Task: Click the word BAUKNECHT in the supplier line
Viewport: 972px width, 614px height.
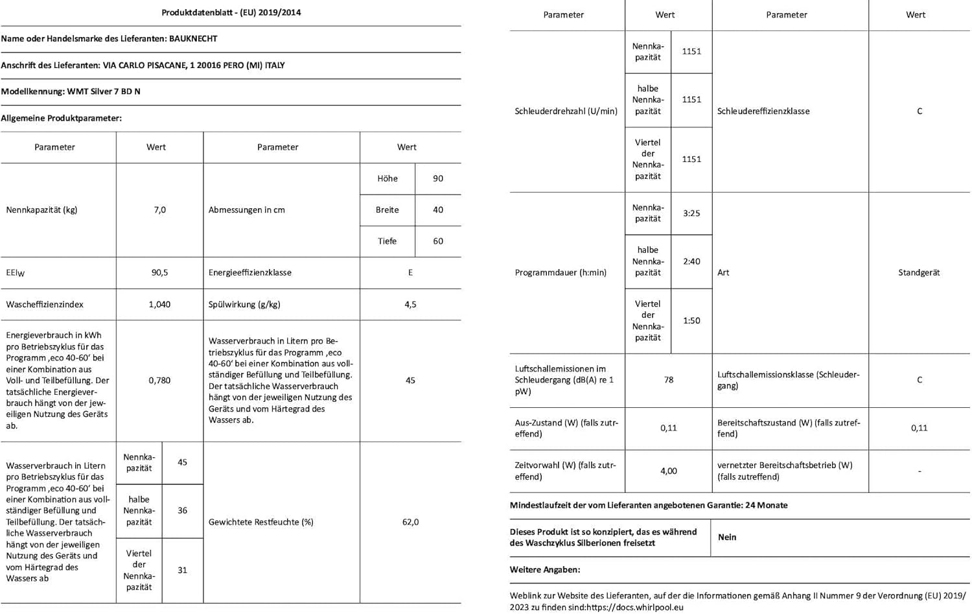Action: click(193, 39)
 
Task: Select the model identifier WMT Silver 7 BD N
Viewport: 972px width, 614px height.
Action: click(104, 91)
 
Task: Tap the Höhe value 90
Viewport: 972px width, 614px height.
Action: click(438, 179)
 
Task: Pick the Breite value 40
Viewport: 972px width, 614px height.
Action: click(438, 210)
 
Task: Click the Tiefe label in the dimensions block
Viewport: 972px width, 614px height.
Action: click(387, 241)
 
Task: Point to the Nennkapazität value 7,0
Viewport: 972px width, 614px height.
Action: click(160, 210)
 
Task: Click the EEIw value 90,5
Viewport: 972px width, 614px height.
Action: click(159, 273)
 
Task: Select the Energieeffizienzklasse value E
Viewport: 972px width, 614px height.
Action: click(410, 273)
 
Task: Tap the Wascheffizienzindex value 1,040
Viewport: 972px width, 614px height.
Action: click(159, 305)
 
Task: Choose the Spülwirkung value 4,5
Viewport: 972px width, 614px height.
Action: click(410, 305)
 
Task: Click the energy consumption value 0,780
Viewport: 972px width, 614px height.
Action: click(159, 381)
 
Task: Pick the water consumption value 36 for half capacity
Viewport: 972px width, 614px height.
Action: click(182, 511)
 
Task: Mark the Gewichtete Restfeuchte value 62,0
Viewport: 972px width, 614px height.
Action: click(410, 522)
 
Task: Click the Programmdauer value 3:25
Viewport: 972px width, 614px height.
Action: click(691, 213)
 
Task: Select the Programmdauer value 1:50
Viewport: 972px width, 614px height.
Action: click(691, 321)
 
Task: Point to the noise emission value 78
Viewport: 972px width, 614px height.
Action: click(669, 380)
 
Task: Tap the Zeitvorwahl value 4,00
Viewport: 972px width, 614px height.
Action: click(669, 471)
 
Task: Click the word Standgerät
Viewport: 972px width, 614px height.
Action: click(919, 273)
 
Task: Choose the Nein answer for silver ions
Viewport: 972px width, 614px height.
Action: click(727, 537)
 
